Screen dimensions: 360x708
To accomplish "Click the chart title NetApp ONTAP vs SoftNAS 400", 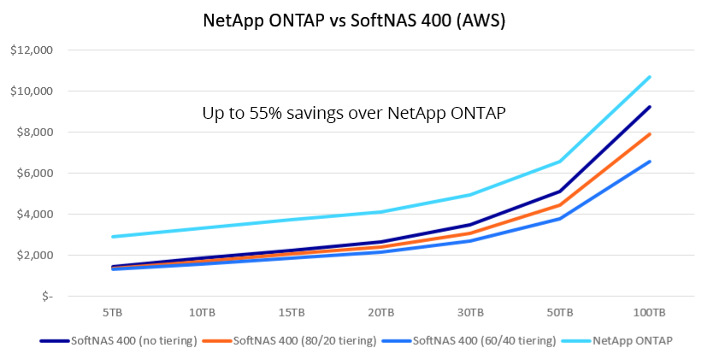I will coord(353,21).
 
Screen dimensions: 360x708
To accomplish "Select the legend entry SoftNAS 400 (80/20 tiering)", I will coord(304,340).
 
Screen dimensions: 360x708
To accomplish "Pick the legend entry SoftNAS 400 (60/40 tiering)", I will coord(485,340).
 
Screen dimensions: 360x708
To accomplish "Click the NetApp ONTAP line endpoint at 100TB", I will coord(651,77).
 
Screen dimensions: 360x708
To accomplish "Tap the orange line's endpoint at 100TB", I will coord(651,134).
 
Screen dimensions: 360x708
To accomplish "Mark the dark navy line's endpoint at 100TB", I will coord(651,107).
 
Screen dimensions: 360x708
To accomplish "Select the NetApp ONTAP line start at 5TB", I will coord(112,237).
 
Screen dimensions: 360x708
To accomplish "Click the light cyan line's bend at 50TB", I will coord(561,161).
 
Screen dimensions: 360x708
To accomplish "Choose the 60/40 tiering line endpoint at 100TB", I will coord(651,162).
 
